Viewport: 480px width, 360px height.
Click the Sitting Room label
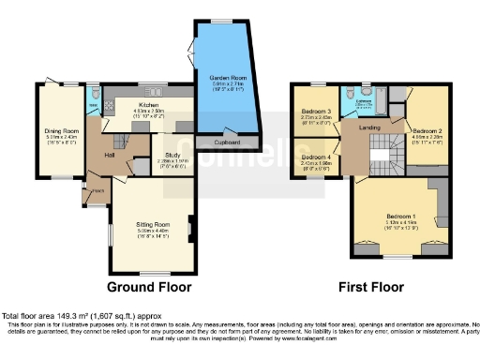coord(151,226)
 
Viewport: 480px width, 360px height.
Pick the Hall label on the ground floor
coord(110,156)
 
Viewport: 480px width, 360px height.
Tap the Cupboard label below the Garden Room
coord(226,143)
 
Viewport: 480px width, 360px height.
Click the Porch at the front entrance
coord(97,195)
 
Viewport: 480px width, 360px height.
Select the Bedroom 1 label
coord(395,218)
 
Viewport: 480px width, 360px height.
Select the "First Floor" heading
coord(370,286)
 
